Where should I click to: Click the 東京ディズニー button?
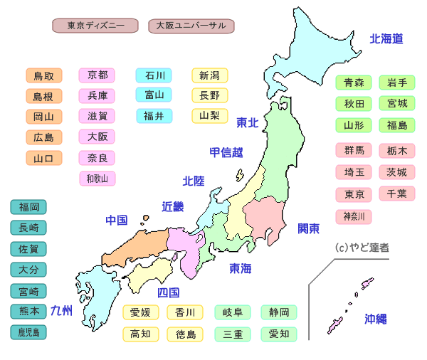click(95, 26)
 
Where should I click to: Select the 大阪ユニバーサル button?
click(191, 26)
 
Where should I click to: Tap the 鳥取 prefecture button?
click(43, 75)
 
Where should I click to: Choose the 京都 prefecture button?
click(97, 75)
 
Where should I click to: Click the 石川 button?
click(154, 75)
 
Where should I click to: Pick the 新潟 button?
click(209, 75)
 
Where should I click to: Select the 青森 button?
click(354, 83)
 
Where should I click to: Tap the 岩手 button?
click(397, 83)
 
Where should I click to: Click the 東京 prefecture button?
click(354, 194)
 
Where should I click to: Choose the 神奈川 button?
click(354, 216)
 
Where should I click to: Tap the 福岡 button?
click(29, 207)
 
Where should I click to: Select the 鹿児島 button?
click(29, 332)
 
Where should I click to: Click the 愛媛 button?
click(141, 312)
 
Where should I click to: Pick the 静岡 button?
click(279, 312)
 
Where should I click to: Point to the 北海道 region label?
click(386, 39)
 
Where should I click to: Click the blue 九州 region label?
click(62, 310)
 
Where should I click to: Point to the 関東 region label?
click(309, 228)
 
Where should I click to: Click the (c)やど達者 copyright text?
click(362, 248)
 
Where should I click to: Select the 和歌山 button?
click(97, 178)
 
